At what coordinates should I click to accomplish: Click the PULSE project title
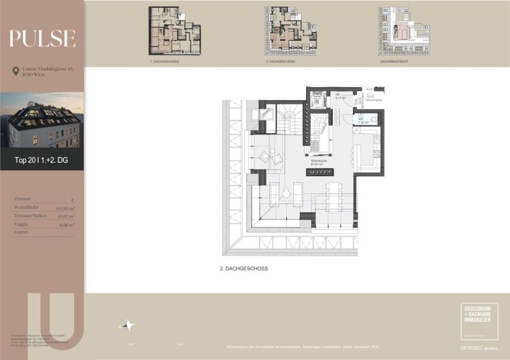coord(42,39)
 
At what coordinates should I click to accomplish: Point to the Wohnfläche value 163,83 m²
coord(65,208)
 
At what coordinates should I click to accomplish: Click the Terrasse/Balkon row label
coord(31,216)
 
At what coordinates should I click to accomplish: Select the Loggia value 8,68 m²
coord(67,224)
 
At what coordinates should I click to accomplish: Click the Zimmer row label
coord(22,199)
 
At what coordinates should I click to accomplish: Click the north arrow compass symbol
coord(128,326)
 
